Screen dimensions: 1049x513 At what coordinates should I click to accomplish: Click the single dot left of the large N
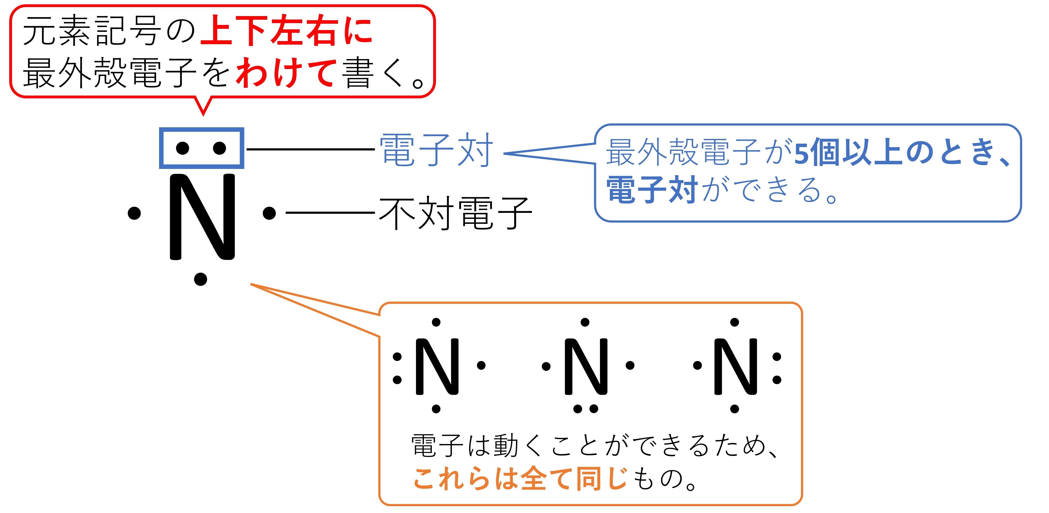(134, 212)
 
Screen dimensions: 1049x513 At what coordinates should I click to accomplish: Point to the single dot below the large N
(200, 279)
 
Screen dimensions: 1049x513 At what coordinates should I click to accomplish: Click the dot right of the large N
(269, 212)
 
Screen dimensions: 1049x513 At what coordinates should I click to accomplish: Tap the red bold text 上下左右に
(286, 31)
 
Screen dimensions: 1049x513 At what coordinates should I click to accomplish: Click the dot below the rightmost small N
(735, 408)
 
